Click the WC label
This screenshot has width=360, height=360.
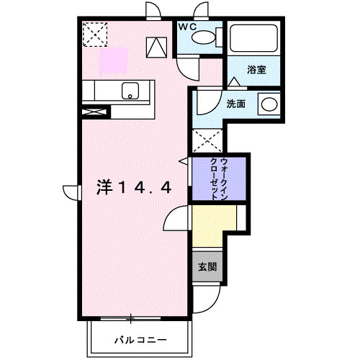tap(187, 27)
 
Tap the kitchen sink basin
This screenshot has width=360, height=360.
tap(131, 91)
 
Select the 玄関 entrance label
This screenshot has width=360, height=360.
tap(206, 266)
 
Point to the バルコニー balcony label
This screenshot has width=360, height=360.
tap(140, 338)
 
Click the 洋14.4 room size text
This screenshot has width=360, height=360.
tap(133, 187)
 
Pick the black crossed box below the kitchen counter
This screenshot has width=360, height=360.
tap(94, 112)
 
